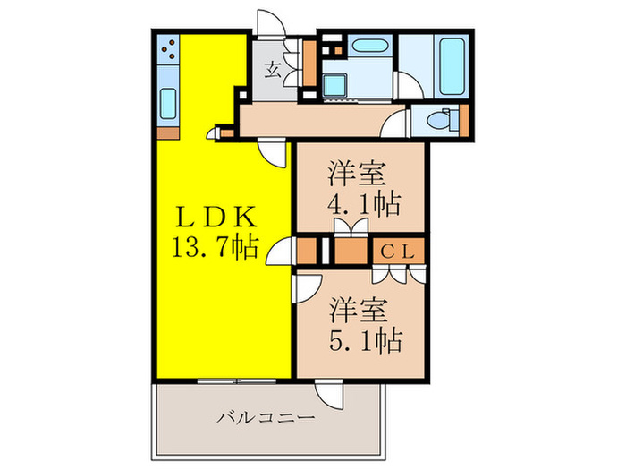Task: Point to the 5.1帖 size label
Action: tap(362, 339)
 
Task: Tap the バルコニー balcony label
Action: tap(266, 417)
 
